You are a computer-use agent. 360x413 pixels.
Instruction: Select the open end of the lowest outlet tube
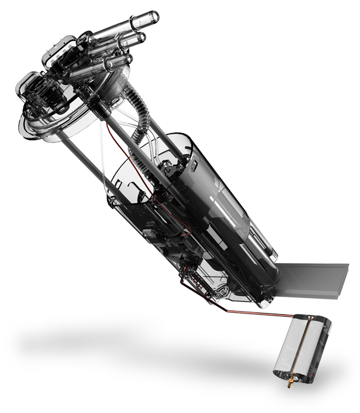tap(126, 60)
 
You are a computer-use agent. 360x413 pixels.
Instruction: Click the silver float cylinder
tap(300, 347)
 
